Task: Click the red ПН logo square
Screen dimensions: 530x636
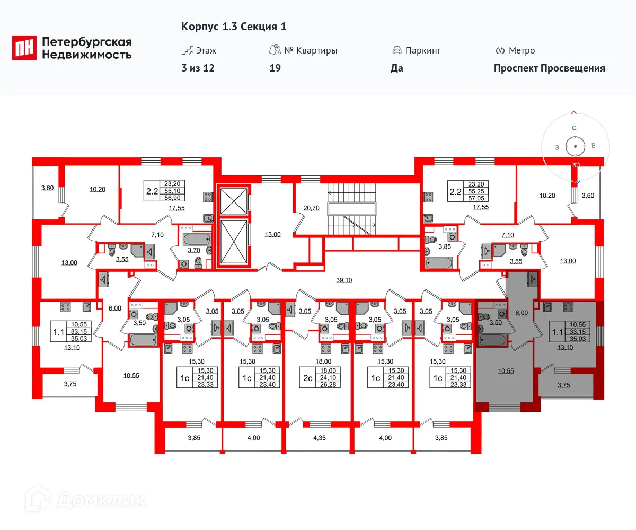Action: pos(24,48)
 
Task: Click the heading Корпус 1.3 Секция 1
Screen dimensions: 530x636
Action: pos(234,26)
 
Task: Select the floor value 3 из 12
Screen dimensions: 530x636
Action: pos(198,68)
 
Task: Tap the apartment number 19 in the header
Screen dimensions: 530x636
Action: pos(275,68)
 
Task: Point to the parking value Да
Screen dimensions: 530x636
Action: pos(396,68)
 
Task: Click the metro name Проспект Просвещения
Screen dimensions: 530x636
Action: pos(549,68)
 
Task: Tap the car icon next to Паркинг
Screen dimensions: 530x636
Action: pos(396,50)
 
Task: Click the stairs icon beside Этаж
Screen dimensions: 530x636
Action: pos(187,50)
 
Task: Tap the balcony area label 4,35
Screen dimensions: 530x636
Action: pos(320,438)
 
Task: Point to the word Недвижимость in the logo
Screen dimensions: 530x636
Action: pos(87,54)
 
